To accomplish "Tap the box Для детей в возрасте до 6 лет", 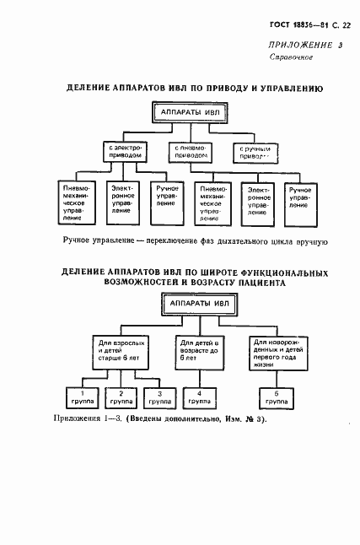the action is pyautogui.click(x=199, y=350).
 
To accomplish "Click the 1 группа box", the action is pyautogui.click(x=83, y=397).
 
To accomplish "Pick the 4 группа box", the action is pyautogui.click(x=199, y=397).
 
